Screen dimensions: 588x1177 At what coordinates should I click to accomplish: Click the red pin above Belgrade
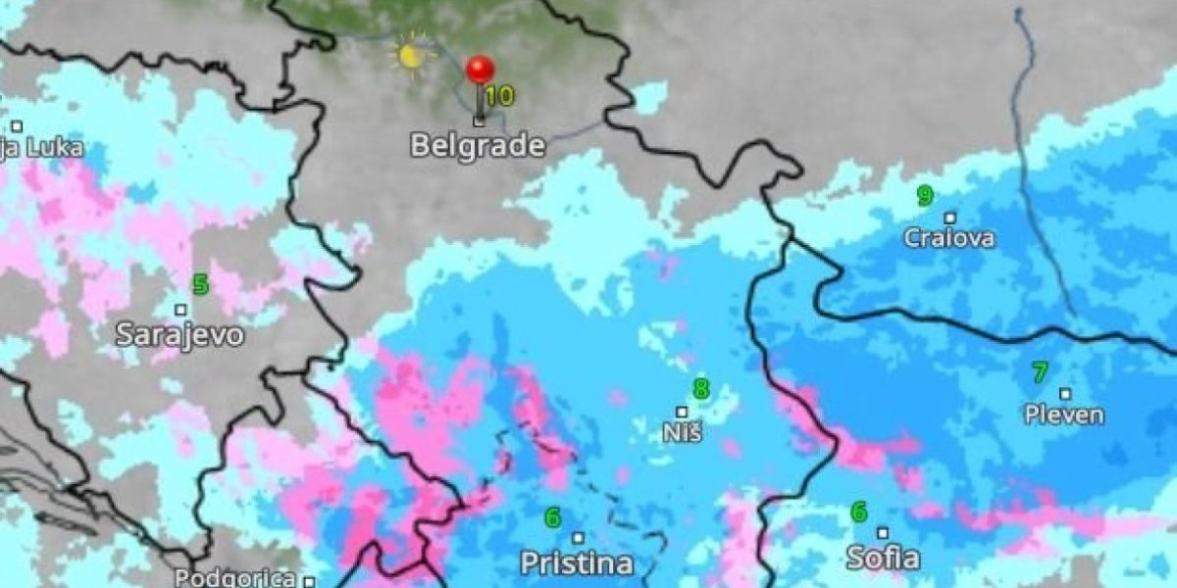[480, 71]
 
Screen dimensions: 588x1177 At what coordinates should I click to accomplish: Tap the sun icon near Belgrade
[410, 55]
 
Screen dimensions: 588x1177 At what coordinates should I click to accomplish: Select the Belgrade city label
[477, 146]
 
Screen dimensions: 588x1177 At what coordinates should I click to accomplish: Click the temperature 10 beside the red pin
[499, 96]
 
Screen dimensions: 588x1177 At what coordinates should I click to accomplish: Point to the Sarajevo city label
[179, 334]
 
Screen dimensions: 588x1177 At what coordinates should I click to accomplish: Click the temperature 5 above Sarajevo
[201, 285]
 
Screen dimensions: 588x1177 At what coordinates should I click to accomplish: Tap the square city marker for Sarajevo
[180, 310]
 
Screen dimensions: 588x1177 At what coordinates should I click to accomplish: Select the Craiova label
[948, 238]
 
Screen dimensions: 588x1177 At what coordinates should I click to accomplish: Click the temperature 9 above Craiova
[924, 196]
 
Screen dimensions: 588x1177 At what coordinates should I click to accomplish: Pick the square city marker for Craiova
[949, 218]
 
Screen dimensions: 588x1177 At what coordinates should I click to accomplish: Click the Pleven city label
[1064, 415]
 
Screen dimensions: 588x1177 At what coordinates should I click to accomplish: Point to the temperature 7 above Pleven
[1040, 373]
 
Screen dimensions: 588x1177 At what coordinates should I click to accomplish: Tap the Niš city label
[682, 431]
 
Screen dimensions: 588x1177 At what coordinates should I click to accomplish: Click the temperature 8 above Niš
[700, 390]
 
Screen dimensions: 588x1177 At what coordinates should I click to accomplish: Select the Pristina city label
[576, 563]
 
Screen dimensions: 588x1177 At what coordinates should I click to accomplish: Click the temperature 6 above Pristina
[552, 517]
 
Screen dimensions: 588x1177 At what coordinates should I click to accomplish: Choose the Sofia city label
[883, 559]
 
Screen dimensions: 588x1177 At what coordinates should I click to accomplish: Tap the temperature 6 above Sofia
[859, 513]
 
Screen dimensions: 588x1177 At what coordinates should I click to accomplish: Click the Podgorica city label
[235, 578]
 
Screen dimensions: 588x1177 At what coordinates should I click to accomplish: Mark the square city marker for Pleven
[1065, 394]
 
